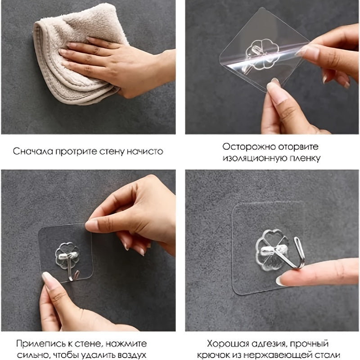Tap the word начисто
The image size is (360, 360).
click(x=145, y=151)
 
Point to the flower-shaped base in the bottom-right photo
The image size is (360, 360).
click(x=272, y=250)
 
